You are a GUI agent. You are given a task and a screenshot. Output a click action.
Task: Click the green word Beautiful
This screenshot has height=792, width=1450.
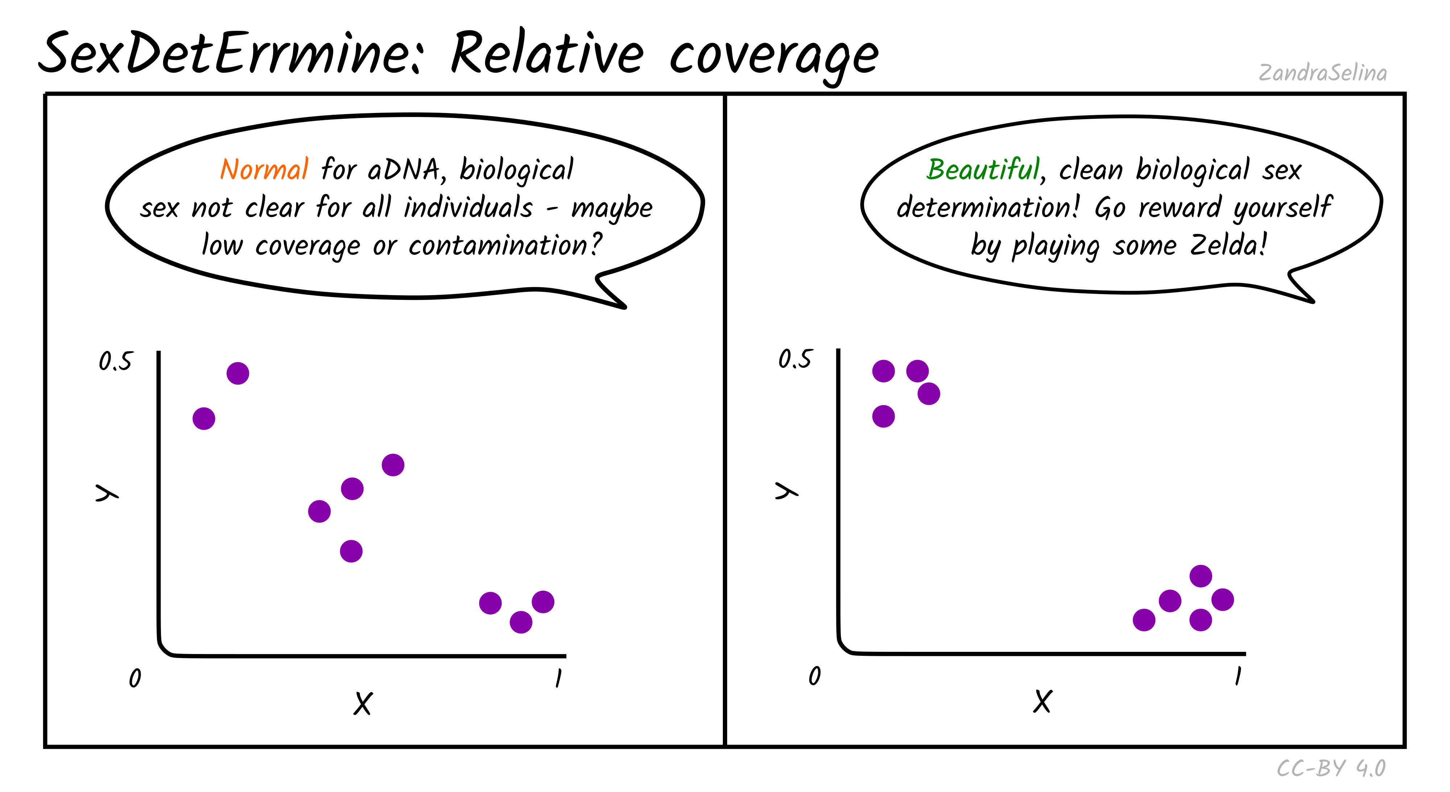pyautogui.click(x=983, y=169)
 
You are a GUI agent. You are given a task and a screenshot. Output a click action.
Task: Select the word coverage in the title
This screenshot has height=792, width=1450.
pyautogui.click(x=774, y=56)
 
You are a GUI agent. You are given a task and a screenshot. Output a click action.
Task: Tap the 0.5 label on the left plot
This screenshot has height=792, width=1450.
pyautogui.click(x=115, y=361)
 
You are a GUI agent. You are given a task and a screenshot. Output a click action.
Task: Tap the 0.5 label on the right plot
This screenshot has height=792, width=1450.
pyautogui.click(x=795, y=359)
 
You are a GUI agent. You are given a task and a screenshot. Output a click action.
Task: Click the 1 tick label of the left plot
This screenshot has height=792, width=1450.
pyautogui.click(x=558, y=678)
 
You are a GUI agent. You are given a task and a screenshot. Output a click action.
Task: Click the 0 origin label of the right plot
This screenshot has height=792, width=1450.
pyautogui.click(x=815, y=675)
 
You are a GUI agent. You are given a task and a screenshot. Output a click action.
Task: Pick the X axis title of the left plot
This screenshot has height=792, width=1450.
pyautogui.click(x=363, y=703)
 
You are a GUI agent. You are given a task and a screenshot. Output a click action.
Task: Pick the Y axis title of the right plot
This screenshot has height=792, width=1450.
pyautogui.click(x=786, y=491)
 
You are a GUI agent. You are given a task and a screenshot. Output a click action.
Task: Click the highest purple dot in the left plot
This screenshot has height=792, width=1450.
pyautogui.click(x=237, y=373)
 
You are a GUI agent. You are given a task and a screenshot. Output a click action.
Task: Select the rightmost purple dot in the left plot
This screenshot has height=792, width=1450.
pyautogui.click(x=543, y=602)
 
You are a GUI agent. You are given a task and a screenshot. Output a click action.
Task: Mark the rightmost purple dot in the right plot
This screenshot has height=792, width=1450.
pyautogui.click(x=1223, y=600)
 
